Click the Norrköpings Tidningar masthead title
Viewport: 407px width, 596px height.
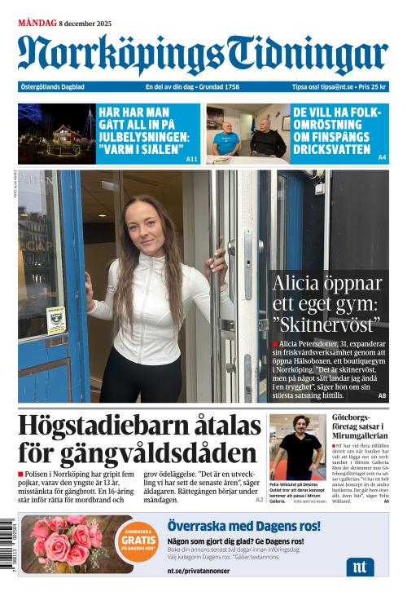pyautogui.click(x=203, y=54)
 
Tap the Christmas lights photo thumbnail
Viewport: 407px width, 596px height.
pyautogui.click(x=57, y=134)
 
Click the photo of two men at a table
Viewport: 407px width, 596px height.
pyautogui.click(x=246, y=134)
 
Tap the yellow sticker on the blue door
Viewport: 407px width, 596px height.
pyautogui.click(x=56, y=320)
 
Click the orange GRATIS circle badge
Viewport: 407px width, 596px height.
pyautogui.click(x=135, y=538)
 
